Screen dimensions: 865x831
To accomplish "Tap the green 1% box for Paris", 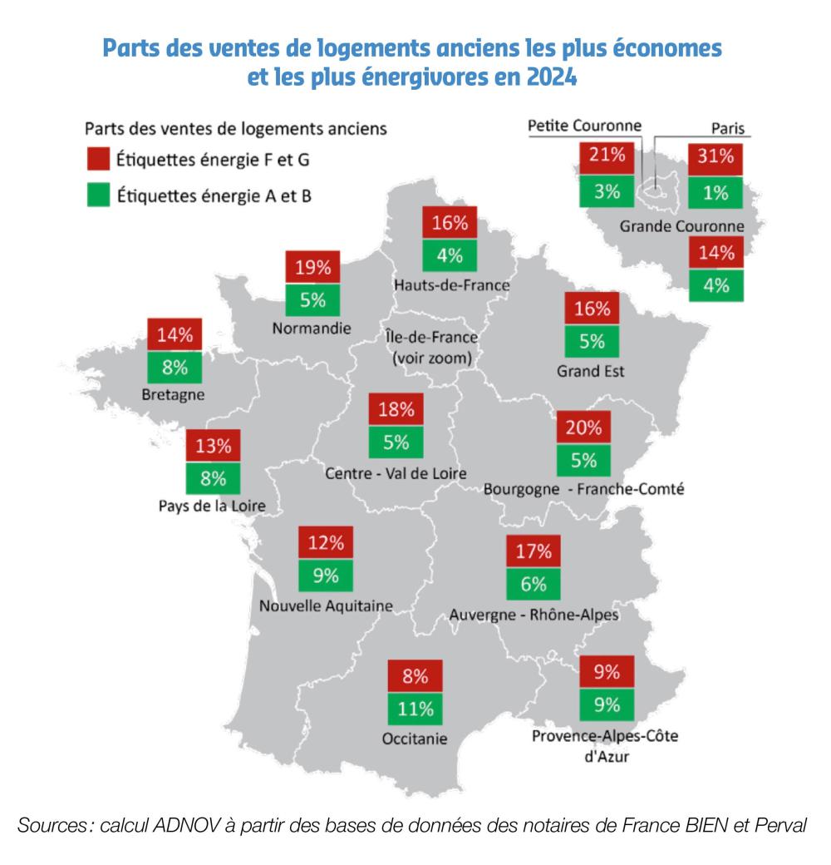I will (x=715, y=193).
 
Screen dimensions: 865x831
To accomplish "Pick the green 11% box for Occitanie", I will (x=415, y=709).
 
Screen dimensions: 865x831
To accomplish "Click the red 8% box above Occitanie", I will (x=415, y=675).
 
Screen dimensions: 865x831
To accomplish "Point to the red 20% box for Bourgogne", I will (x=583, y=428).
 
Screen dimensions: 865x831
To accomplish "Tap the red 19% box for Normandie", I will (x=313, y=268).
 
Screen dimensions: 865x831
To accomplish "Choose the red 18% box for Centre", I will (x=396, y=410).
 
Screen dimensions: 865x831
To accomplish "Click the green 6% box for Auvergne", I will (x=534, y=585).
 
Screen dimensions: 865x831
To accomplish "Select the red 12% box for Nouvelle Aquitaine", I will (x=325, y=543).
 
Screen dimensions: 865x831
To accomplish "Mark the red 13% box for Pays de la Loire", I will (x=214, y=446).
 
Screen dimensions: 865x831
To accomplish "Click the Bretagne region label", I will (x=174, y=394).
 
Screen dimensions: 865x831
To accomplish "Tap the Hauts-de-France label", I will (x=452, y=285).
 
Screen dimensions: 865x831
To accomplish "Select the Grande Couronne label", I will (x=681, y=226).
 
